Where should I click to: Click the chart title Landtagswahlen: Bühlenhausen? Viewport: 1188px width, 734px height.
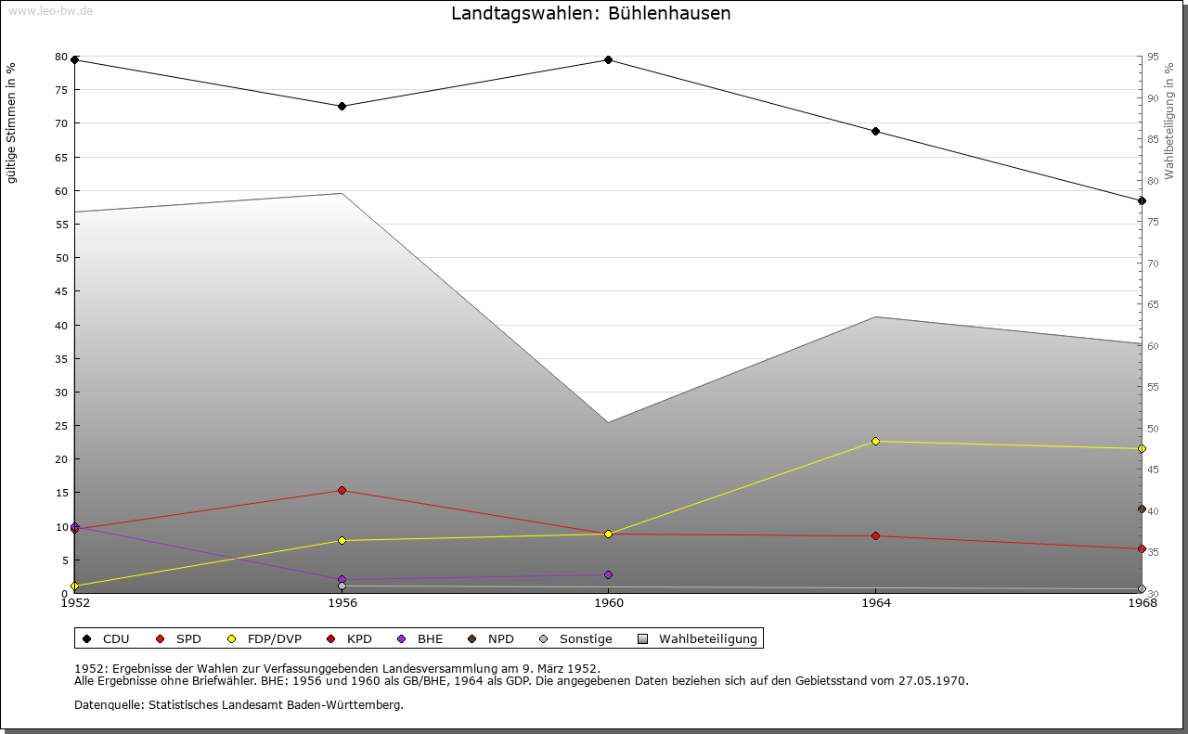pos(590,14)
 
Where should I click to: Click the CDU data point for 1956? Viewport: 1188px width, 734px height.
pos(342,107)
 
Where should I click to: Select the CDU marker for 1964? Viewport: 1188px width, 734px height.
pos(875,132)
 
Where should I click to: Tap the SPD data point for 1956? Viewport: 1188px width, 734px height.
pos(342,490)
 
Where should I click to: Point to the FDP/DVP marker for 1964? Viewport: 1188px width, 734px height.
pos(875,441)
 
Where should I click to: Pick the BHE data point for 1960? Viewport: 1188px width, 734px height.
pos(608,574)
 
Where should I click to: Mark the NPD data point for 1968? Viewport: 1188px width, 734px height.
pos(1142,509)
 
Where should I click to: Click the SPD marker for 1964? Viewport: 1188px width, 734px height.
pos(875,536)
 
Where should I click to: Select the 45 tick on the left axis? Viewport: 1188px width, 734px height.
pos(61,291)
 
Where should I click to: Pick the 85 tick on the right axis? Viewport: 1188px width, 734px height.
pos(1153,139)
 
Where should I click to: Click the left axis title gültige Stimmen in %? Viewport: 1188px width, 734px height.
pos(12,123)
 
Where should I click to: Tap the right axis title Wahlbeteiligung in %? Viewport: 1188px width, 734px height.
pos(1169,122)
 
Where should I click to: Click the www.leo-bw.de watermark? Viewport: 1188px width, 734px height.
pos(50,10)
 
